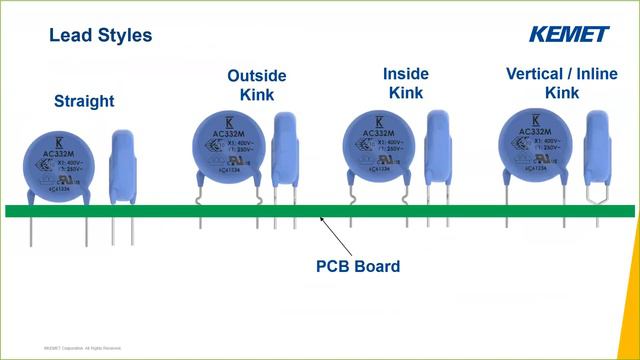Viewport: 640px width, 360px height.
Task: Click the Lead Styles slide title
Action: [x=100, y=36]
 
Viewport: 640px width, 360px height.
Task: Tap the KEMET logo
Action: [x=569, y=34]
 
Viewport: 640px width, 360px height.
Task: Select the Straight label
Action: [x=84, y=101]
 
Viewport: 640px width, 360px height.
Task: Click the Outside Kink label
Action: [x=257, y=85]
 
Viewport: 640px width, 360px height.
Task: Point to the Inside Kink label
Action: [x=406, y=83]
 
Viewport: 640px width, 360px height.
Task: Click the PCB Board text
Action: [x=358, y=267]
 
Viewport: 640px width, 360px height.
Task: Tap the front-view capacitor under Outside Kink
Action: [x=228, y=149]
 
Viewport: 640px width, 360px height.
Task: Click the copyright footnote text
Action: [x=82, y=348]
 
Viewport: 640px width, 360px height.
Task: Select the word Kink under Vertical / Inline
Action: [x=561, y=93]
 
